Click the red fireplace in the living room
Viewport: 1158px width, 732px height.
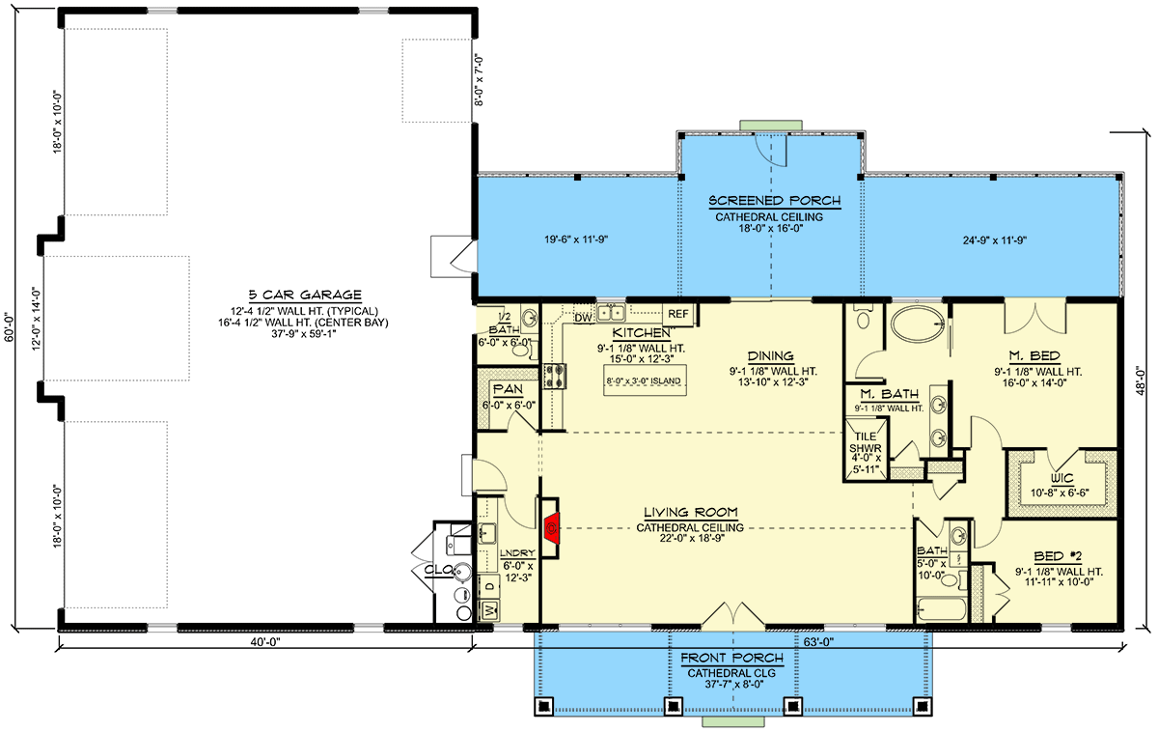pos(551,528)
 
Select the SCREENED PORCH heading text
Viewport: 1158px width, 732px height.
pos(775,201)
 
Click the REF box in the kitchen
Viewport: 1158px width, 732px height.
pos(677,315)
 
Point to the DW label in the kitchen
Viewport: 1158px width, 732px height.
pos(583,316)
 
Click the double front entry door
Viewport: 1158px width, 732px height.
pos(731,616)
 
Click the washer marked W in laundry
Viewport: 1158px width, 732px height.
pos(489,609)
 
